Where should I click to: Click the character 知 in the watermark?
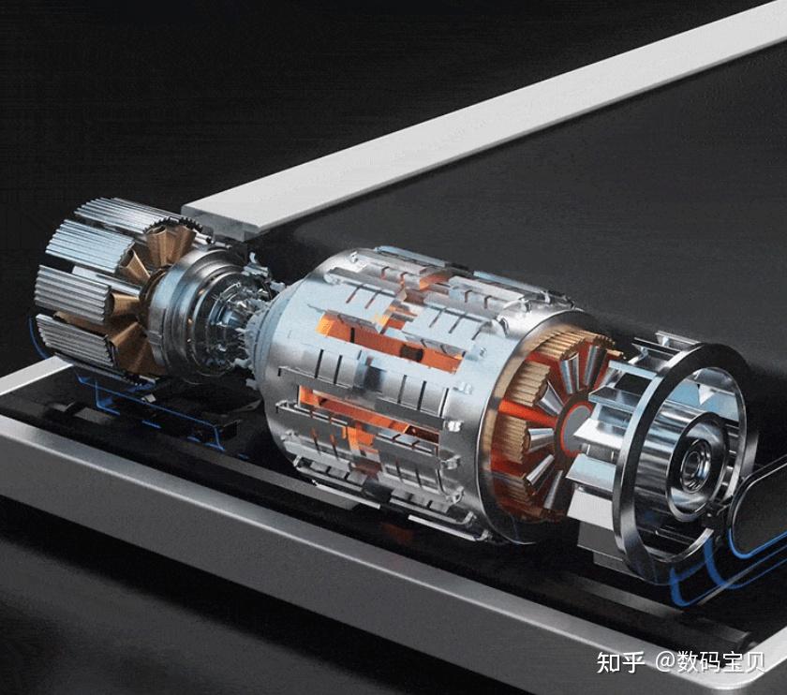click(x=608, y=662)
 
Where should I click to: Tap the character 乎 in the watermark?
click(x=632, y=662)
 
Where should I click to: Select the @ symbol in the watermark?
click(x=665, y=662)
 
